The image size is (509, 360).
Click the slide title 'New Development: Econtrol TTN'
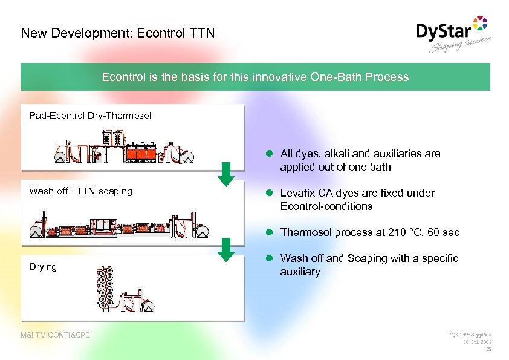tap(117, 33)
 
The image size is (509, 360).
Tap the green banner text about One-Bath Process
tap(255, 77)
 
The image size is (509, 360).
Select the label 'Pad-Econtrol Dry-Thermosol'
tap(90, 115)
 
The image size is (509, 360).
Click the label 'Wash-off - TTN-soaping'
tap(80, 191)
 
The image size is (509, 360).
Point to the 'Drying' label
tap(43, 267)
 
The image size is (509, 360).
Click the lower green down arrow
tap(225, 249)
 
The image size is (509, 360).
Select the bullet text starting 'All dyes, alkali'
tap(360, 160)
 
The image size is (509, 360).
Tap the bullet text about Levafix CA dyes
tap(357, 200)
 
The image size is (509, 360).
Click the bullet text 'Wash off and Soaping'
tap(369, 265)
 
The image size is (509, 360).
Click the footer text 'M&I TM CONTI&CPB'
tap(55, 335)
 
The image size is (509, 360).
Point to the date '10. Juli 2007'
tap(476, 342)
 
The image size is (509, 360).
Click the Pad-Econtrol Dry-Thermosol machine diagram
tap(124, 148)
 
